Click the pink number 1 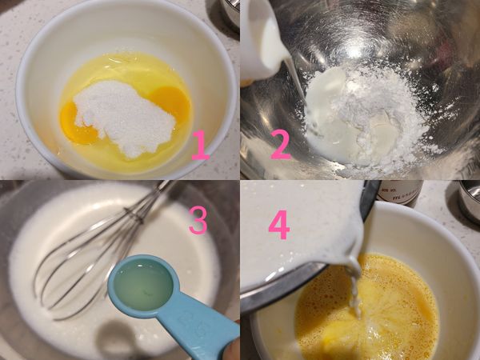(x=199, y=145)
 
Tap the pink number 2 (x=280, y=145)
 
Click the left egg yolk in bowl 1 (x=78, y=122)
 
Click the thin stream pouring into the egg (x=353, y=288)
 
